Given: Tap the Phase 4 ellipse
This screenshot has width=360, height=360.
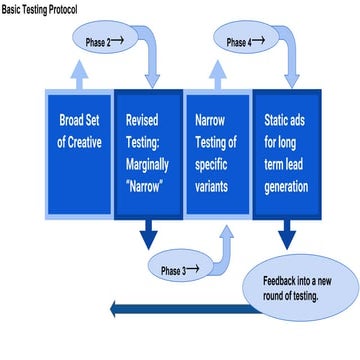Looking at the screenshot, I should click(x=245, y=42).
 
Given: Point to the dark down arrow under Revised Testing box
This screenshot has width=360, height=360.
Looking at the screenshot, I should click(x=148, y=237).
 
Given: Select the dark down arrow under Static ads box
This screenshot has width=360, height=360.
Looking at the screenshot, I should click(x=286, y=237).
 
